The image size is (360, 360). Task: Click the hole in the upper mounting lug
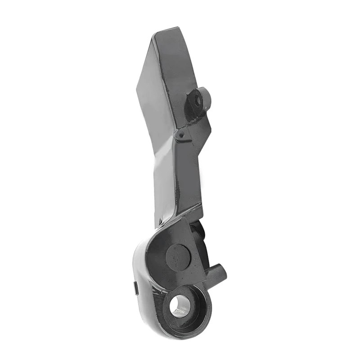197,99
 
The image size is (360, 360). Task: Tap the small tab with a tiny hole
180,134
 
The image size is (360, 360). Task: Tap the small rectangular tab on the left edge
136,288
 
